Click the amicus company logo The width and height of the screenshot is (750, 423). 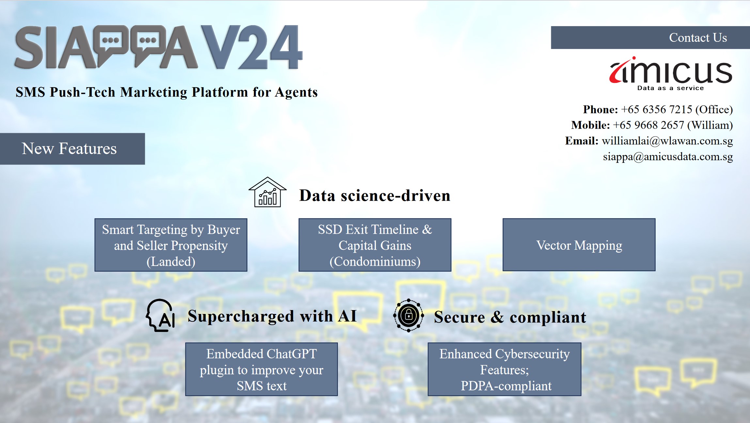click(671, 74)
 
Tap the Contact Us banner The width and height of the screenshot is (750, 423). click(650, 38)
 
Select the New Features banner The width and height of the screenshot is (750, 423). click(72, 149)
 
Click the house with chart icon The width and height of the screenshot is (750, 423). click(268, 192)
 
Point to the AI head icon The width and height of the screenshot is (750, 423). click(160, 315)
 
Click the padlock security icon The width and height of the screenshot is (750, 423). click(409, 316)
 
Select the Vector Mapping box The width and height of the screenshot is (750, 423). click(579, 245)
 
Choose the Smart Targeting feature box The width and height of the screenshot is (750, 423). click(171, 245)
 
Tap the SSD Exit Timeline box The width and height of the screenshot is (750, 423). click(375, 245)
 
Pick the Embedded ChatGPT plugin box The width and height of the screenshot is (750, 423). click(261, 369)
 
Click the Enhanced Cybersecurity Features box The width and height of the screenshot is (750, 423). click(505, 369)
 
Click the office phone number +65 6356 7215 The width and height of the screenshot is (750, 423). click(656, 109)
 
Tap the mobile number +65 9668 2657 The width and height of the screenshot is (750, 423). click(648, 125)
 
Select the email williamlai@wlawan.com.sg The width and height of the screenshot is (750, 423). click(667, 141)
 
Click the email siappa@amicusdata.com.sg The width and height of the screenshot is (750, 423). click(668, 157)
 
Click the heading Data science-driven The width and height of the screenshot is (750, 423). click(375, 196)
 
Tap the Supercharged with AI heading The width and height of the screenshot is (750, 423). click(272, 316)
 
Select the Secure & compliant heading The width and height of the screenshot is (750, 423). click(510, 317)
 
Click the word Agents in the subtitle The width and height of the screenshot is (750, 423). click(296, 92)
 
